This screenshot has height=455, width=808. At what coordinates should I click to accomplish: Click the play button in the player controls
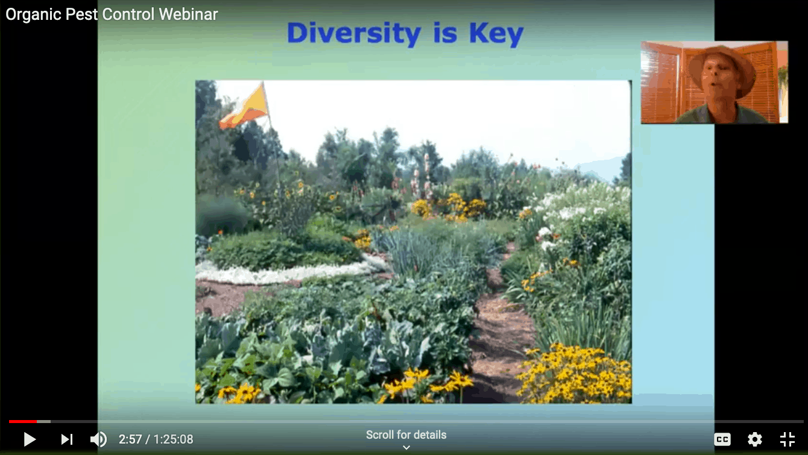[x=30, y=439]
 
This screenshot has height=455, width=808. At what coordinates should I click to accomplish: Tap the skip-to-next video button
[x=67, y=439]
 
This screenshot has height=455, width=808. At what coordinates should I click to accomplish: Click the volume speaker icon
[x=98, y=439]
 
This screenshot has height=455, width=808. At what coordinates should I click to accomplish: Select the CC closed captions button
[x=722, y=439]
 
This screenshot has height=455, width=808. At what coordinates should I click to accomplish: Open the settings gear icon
[x=754, y=439]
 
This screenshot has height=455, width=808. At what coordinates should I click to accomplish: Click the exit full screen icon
[x=787, y=439]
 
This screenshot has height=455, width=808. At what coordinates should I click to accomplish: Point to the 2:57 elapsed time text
[x=130, y=439]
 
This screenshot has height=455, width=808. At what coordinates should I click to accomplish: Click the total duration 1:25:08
[x=173, y=439]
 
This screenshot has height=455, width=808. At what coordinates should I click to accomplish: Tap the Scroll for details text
[x=406, y=435]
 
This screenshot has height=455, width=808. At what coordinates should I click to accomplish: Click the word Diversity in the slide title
[x=354, y=34]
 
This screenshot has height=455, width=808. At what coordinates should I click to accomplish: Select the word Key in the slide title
[x=496, y=34]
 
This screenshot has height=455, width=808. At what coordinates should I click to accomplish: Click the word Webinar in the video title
[x=188, y=14]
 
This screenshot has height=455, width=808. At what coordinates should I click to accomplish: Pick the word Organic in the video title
[x=33, y=15]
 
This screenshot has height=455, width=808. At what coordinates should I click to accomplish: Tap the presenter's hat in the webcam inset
[x=722, y=67]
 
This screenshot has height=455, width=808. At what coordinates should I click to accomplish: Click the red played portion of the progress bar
[x=23, y=421]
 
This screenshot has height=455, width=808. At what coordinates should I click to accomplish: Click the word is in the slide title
[x=445, y=33]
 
